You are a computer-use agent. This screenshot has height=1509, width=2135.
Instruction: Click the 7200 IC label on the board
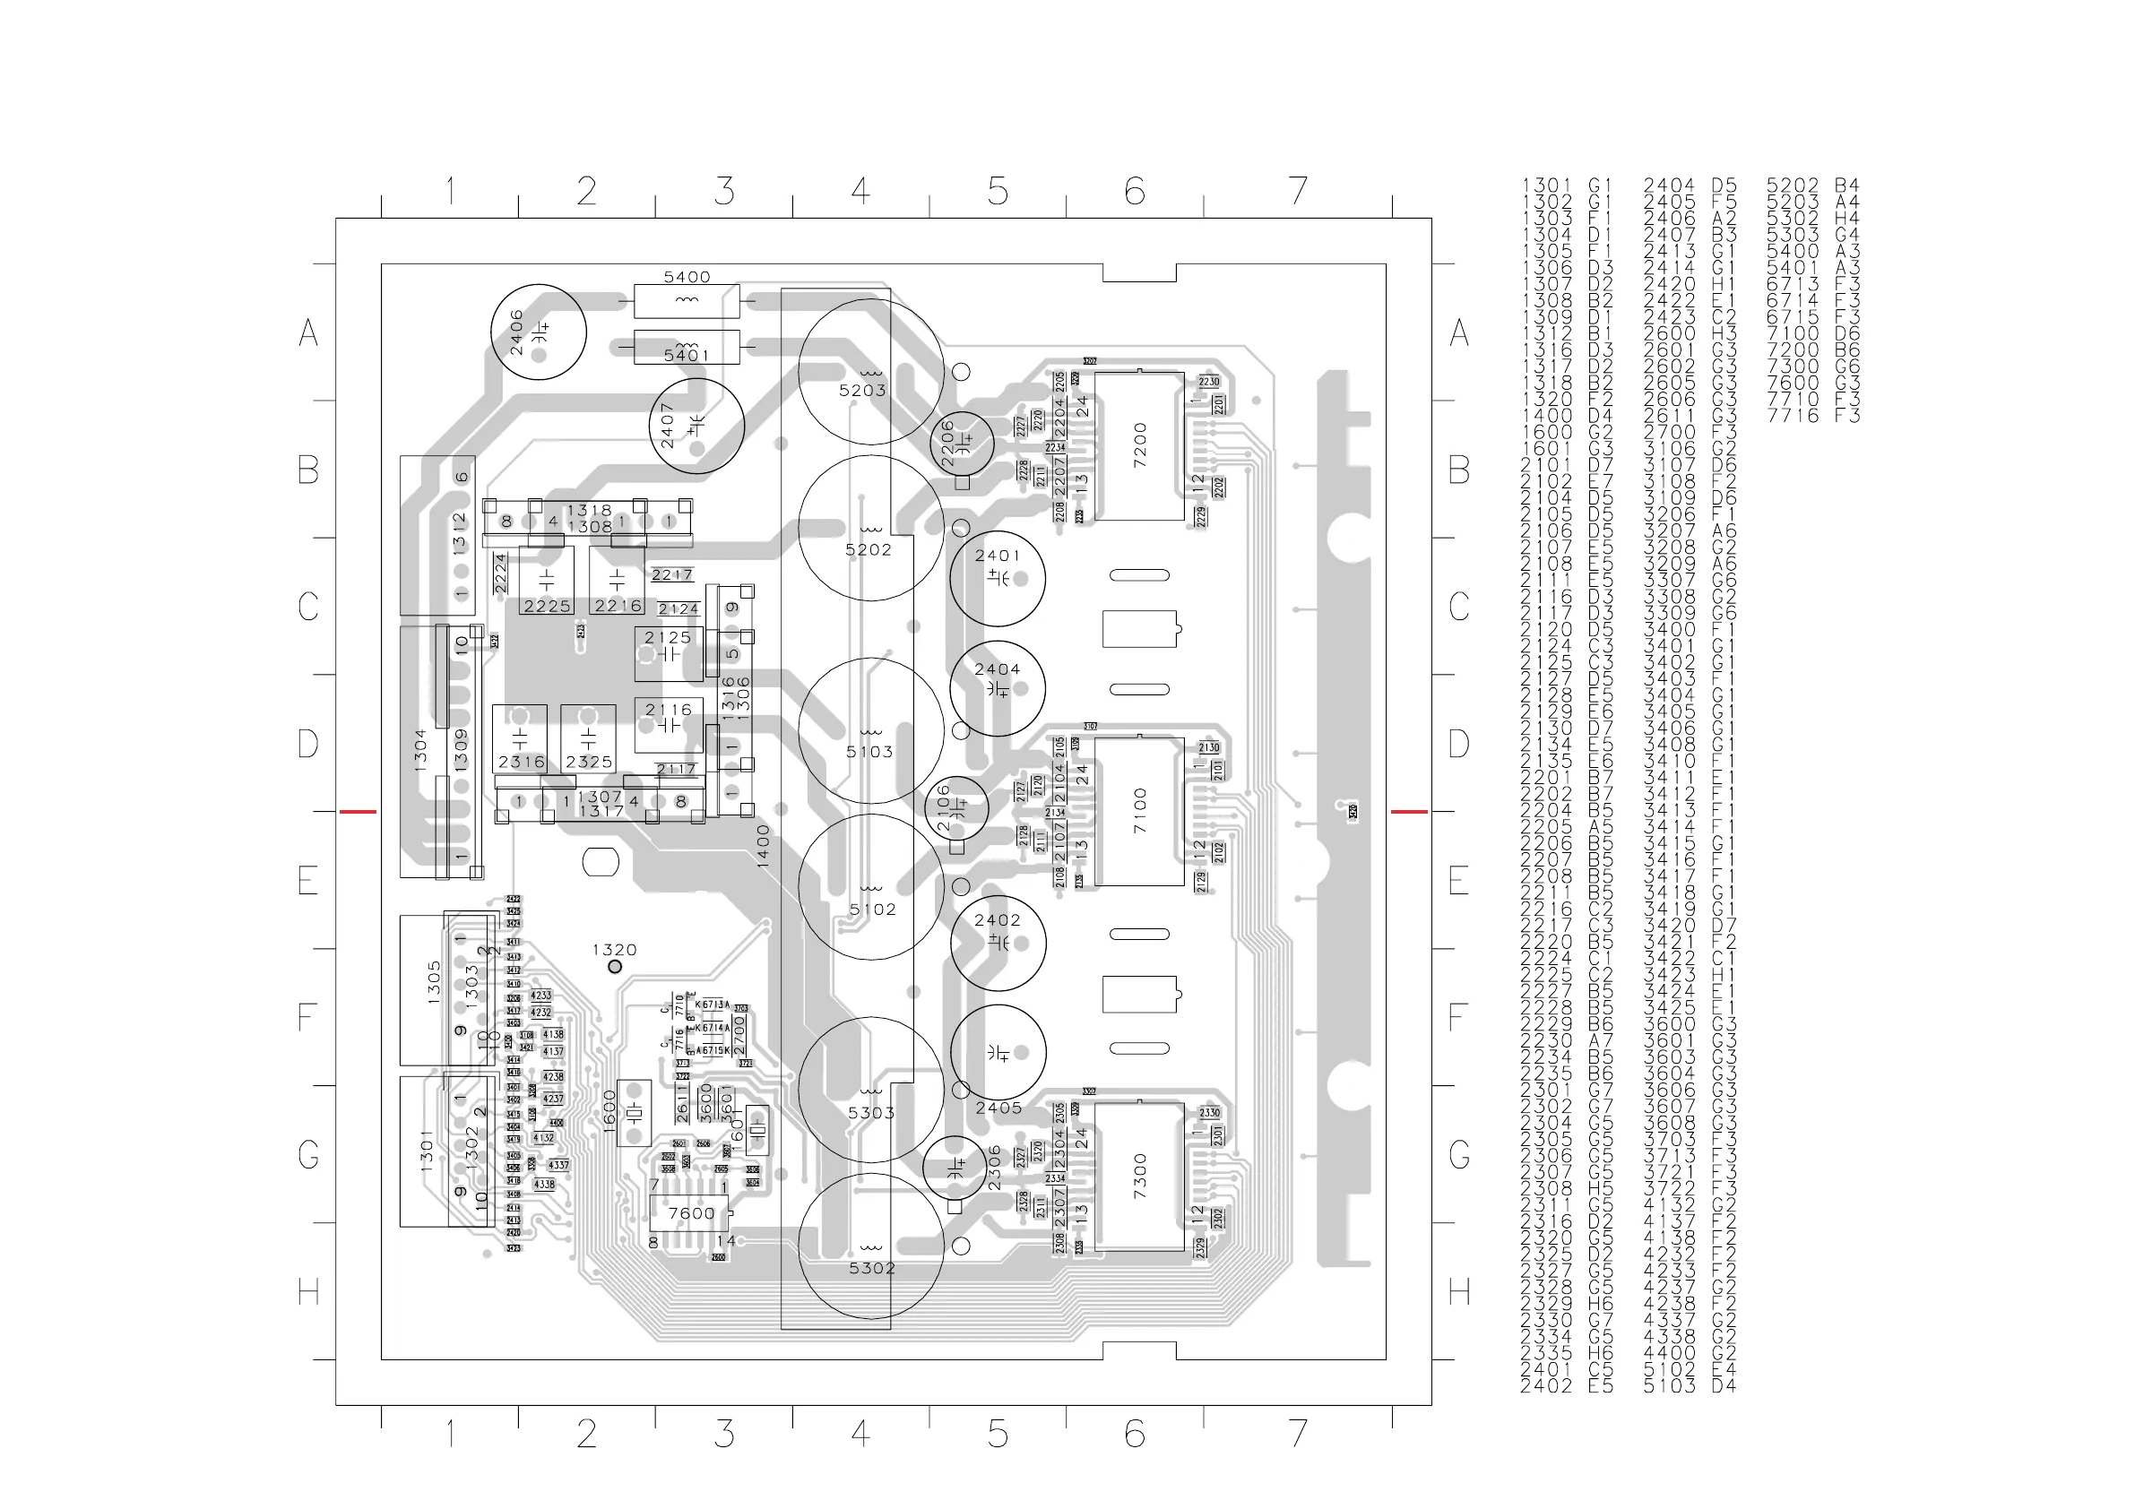pos(1140,445)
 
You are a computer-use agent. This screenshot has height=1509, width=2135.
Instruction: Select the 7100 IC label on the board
pos(1140,811)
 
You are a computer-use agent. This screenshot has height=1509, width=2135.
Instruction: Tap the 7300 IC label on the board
pos(1140,1177)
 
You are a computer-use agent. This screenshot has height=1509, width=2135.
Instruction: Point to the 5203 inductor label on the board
pos(862,391)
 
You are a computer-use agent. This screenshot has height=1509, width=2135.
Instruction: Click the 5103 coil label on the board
pos(869,751)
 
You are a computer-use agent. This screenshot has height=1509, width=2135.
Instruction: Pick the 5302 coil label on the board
pos(871,1268)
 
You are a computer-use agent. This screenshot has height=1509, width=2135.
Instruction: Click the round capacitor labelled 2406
pos(538,332)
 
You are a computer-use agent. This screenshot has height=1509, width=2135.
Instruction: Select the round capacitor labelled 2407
pos(696,426)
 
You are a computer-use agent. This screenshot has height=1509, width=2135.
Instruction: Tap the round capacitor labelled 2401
pos(997,577)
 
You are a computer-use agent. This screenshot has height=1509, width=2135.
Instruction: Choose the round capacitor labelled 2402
pos(997,943)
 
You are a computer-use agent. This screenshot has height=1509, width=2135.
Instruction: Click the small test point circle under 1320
pos(615,967)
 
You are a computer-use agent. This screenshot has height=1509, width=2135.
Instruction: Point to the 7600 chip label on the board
pos(692,1213)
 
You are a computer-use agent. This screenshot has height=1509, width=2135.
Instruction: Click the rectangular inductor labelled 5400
pos(687,300)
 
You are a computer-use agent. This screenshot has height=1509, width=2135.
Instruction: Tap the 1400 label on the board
pos(764,845)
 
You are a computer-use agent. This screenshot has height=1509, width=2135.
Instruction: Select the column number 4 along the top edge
pos(860,192)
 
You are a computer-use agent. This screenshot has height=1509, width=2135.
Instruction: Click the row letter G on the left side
pos(308,1155)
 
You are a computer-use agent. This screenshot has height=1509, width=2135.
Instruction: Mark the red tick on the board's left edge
pos(357,812)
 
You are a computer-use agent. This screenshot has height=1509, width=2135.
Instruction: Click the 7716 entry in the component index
pos(1793,416)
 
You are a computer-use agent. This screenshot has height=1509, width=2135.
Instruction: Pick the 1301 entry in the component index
pos(1546,186)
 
